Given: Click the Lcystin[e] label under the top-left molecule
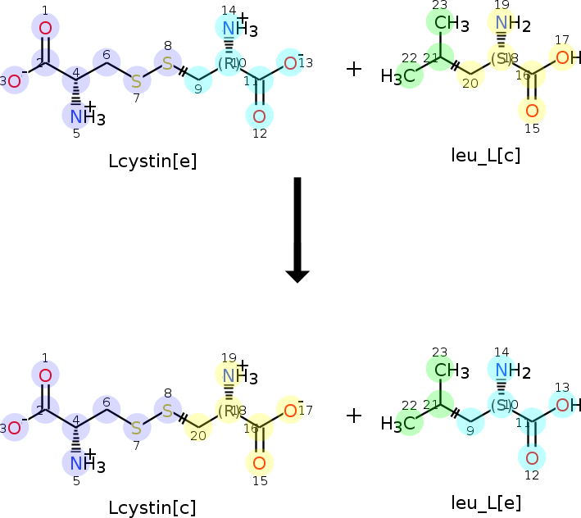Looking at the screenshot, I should point(152,160).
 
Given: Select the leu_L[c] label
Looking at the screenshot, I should point(485,154).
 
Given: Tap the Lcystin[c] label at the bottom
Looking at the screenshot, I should point(152,507).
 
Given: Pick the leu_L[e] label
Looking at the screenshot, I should point(486,502).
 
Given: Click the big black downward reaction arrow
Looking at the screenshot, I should point(297,229).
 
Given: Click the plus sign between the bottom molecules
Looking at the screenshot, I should point(353,416).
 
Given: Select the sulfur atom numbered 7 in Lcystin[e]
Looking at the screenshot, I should point(136,80).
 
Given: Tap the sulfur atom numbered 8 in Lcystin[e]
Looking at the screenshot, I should point(167,62).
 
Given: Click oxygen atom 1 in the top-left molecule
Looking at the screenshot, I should point(45,29).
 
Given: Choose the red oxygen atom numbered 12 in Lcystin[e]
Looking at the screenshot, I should point(260,116).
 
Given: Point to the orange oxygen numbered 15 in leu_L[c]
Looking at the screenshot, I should point(532,109).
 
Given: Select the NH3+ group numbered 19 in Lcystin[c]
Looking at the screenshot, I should point(238,376).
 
